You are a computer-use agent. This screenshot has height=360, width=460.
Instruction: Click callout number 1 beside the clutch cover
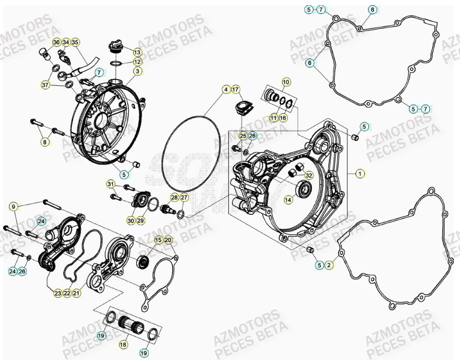pos(360,174)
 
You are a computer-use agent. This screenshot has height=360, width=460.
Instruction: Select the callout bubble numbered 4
pos(226,90)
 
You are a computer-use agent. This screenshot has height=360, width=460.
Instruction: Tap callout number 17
pos(236,90)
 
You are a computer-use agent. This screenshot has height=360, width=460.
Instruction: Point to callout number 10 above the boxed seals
pos(286,82)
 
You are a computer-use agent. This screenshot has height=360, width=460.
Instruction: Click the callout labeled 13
pos(137,52)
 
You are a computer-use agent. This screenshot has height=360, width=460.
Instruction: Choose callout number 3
pos(137,71)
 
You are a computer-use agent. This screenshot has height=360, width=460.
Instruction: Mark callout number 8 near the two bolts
pos(45,142)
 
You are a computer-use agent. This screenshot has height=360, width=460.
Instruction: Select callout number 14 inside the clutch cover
pos(288,199)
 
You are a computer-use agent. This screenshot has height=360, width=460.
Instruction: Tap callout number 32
pos(309,175)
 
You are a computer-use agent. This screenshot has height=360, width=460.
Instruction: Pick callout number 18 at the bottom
pos(124,344)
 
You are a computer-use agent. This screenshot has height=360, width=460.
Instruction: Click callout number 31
pos(111,184)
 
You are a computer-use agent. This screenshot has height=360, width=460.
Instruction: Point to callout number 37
pos(45,84)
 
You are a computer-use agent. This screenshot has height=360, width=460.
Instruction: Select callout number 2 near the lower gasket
pos(329,265)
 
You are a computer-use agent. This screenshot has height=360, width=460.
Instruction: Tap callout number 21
pos(76,293)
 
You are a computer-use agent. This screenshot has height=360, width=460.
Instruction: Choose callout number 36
pos(56,42)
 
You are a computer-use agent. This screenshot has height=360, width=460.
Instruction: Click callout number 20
pos(168,240)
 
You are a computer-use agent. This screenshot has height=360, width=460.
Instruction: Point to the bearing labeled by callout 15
pos(143,261)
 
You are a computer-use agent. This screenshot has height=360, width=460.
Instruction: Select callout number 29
pos(140,221)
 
